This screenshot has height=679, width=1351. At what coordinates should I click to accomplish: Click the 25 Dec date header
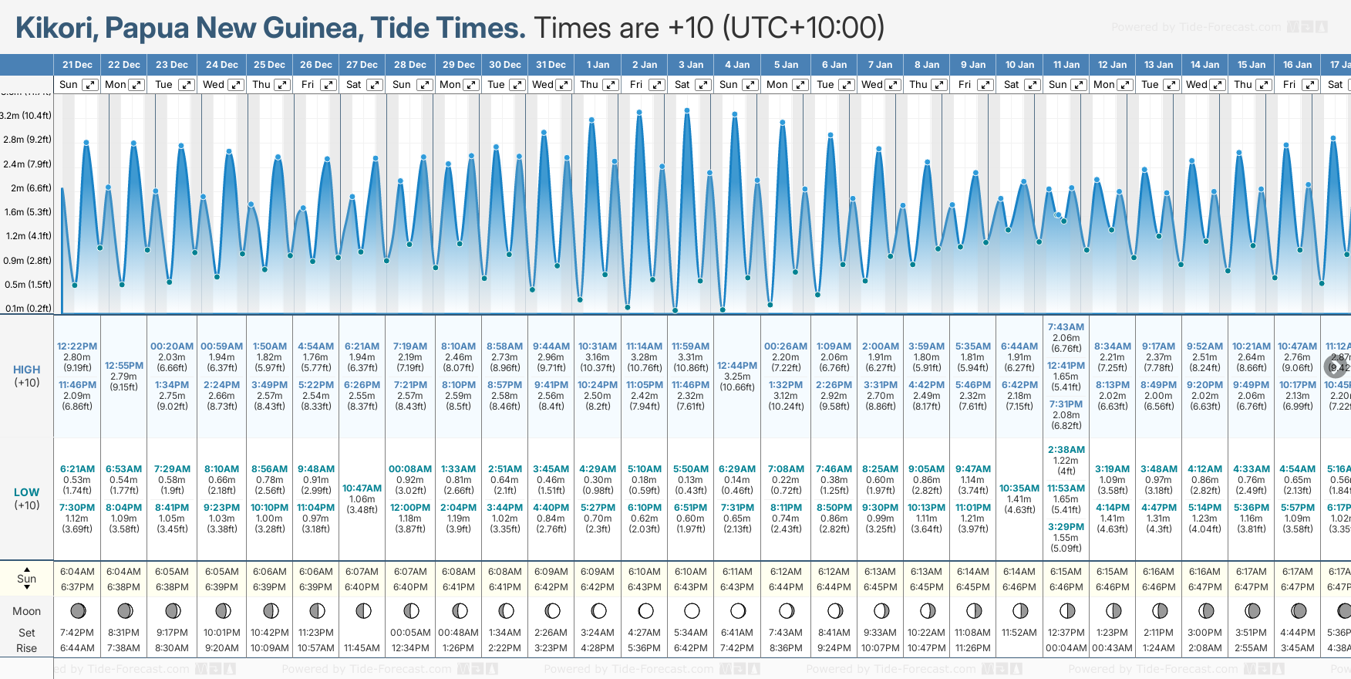click(269, 65)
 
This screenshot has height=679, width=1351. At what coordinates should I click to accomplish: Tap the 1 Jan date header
click(598, 65)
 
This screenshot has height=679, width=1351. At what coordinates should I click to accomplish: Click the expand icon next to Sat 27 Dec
click(375, 85)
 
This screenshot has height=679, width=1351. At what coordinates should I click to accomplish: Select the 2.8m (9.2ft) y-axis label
click(27, 140)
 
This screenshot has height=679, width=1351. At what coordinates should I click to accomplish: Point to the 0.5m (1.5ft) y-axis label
click(27, 285)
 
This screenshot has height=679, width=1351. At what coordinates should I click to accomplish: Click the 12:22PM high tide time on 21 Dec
click(77, 346)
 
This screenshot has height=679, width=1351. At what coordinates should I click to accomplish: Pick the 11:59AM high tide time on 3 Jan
click(690, 346)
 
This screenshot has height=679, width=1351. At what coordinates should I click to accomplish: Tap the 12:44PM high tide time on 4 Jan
click(737, 366)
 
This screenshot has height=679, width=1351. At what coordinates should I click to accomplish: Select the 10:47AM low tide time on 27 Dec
click(362, 488)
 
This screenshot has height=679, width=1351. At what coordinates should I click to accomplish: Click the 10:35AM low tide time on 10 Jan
click(1019, 488)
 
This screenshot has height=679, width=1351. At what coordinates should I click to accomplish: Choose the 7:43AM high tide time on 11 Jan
click(1066, 327)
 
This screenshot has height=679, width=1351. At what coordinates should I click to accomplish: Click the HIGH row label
click(26, 370)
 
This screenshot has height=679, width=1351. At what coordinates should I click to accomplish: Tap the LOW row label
click(26, 492)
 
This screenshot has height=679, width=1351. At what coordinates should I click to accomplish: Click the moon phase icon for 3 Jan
click(692, 611)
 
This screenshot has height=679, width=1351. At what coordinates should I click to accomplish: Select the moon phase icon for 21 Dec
click(78, 611)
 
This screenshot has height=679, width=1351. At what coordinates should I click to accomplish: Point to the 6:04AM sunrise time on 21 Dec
click(77, 572)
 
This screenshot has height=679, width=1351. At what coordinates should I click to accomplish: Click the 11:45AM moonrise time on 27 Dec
click(362, 648)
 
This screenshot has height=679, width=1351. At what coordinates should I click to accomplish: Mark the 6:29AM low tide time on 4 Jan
click(737, 469)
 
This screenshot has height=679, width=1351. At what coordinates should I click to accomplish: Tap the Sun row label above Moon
click(26, 579)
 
